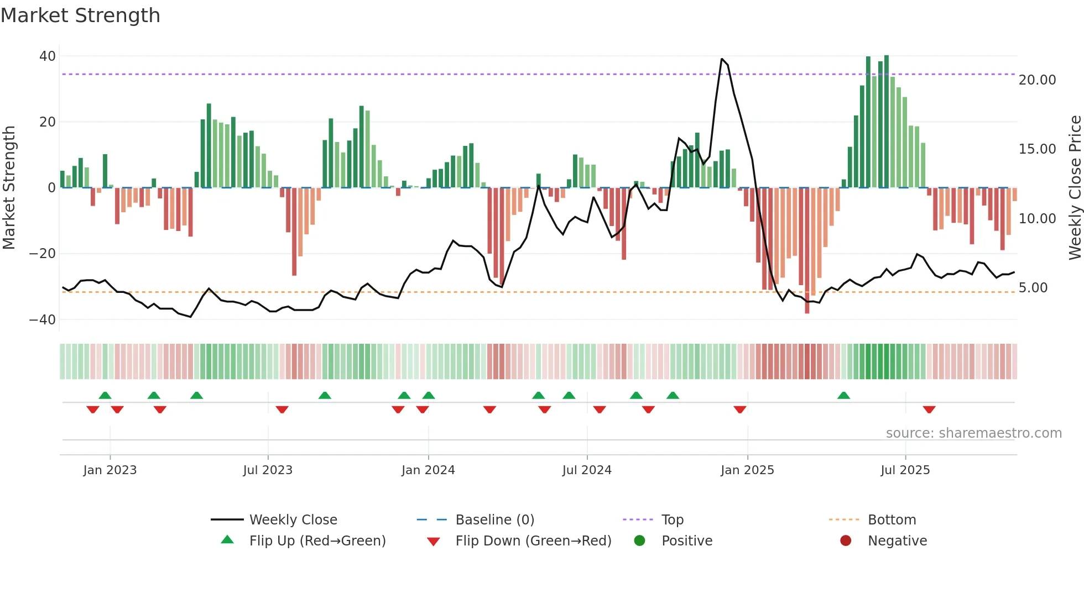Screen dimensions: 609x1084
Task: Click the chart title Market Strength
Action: (80, 15)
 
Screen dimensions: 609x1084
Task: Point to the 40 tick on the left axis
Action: (48, 56)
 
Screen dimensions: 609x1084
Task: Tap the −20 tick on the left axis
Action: (43, 254)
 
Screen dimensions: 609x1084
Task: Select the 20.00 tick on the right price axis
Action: (1037, 80)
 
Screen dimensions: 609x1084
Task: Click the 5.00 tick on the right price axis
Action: (1033, 288)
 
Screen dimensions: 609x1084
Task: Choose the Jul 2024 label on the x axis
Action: (587, 470)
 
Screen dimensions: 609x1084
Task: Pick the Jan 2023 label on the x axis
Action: (110, 470)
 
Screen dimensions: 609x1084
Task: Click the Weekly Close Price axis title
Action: (1075, 188)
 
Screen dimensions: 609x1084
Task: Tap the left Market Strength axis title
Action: (9, 188)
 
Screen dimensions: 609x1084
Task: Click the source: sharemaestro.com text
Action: (973, 433)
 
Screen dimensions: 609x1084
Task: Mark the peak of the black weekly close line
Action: (722, 59)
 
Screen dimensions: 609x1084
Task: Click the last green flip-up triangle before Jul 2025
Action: (843, 396)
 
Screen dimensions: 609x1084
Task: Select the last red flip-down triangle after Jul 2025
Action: (929, 410)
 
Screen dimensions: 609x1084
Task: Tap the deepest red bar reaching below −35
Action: (807, 309)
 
